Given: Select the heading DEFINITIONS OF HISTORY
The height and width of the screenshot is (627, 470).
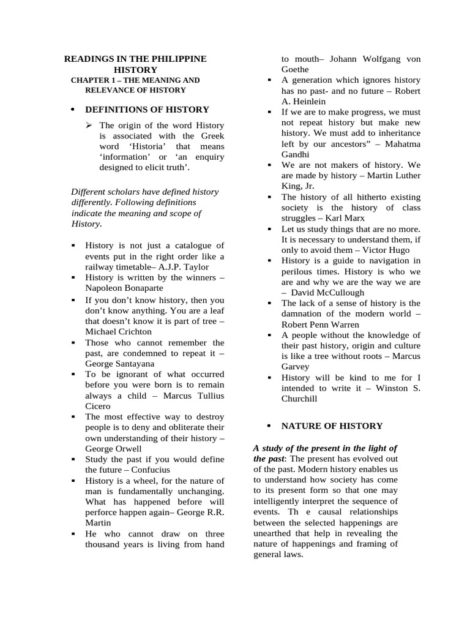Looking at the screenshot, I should point(147,110).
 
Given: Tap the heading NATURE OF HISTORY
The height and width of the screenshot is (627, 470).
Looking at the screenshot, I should point(332,426).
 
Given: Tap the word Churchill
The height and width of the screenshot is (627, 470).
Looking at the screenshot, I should point(300,398).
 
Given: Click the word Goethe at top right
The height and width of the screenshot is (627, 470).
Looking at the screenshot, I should point(295,69).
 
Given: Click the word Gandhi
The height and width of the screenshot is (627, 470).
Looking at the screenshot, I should point(296,154).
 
